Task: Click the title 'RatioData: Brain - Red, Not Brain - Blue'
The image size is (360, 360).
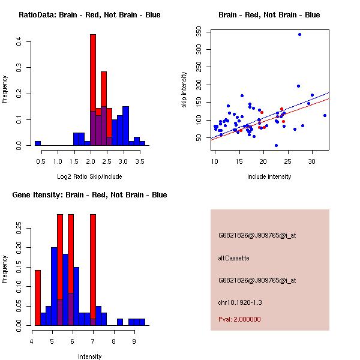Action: click(89, 15)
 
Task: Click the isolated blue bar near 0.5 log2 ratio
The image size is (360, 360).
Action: click(38, 143)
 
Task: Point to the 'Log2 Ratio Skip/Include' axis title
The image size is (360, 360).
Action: click(89, 176)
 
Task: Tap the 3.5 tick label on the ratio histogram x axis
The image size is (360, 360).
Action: click(140, 161)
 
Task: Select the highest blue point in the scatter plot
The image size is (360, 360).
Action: click(299, 35)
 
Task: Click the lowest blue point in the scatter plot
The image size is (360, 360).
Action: click(276, 145)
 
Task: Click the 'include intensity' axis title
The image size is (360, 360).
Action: click(269, 176)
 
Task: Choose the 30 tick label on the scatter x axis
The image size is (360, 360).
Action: click(312, 161)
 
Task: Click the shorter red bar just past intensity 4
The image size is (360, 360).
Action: click(38, 297)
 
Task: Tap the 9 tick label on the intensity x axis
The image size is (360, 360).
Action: click(134, 341)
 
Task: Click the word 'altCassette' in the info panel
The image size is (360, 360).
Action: click(233, 258)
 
